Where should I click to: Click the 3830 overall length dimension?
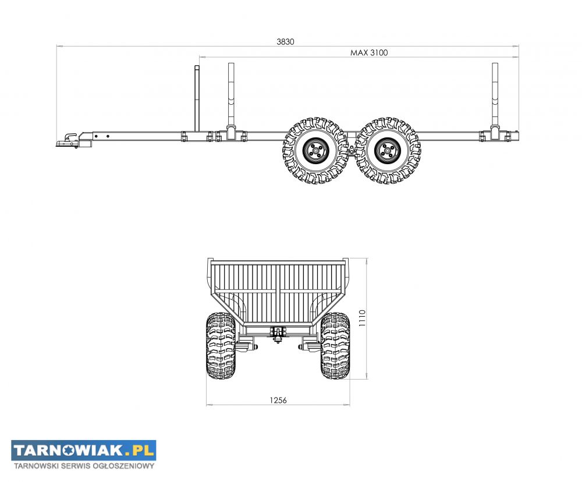tap(285, 41)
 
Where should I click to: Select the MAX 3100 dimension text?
tap(369, 53)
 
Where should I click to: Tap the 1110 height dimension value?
tap(362, 318)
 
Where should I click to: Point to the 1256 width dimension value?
tap(278, 401)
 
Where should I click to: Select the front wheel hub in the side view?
tap(315, 151)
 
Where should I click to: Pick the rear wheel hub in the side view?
tap(388, 151)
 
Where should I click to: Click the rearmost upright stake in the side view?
tap(495, 100)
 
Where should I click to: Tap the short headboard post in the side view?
tap(197, 98)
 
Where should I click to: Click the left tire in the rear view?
tap(221, 345)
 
